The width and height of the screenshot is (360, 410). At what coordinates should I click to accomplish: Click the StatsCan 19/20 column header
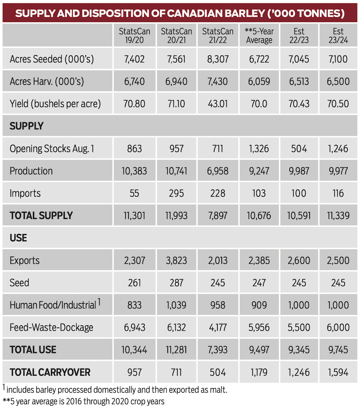[x=134, y=36]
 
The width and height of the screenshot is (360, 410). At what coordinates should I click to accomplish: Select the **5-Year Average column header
[x=259, y=36]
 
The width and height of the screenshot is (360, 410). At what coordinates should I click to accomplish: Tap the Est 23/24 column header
[x=338, y=36]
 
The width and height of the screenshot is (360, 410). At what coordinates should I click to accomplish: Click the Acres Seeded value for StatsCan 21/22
[x=217, y=59]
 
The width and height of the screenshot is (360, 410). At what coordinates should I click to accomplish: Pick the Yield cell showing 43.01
[x=217, y=104]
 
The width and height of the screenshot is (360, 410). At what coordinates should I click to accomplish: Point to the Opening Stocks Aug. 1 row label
[x=52, y=149]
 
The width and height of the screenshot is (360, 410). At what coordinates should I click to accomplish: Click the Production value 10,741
[x=176, y=171]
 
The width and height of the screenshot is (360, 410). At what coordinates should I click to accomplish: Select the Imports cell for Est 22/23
[x=298, y=193]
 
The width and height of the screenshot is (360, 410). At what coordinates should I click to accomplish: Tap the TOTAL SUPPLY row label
[x=41, y=216]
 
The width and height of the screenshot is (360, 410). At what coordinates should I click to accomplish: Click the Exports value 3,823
[x=176, y=260]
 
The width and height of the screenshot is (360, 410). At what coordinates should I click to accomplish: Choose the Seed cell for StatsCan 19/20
[x=134, y=283]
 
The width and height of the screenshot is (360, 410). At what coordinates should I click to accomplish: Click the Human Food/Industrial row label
[x=55, y=305]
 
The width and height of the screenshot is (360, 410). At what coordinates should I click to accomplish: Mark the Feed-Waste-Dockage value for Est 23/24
[x=338, y=327]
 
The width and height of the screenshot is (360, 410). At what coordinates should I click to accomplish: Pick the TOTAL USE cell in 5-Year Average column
[x=259, y=350]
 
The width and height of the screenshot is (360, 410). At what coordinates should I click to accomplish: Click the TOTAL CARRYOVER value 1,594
[x=338, y=372]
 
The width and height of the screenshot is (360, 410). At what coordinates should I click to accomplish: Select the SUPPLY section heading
[x=26, y=126]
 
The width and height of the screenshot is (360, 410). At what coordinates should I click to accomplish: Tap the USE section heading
[x=18, y=238]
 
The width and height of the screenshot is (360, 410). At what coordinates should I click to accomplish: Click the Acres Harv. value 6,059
[x=259, y=81]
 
